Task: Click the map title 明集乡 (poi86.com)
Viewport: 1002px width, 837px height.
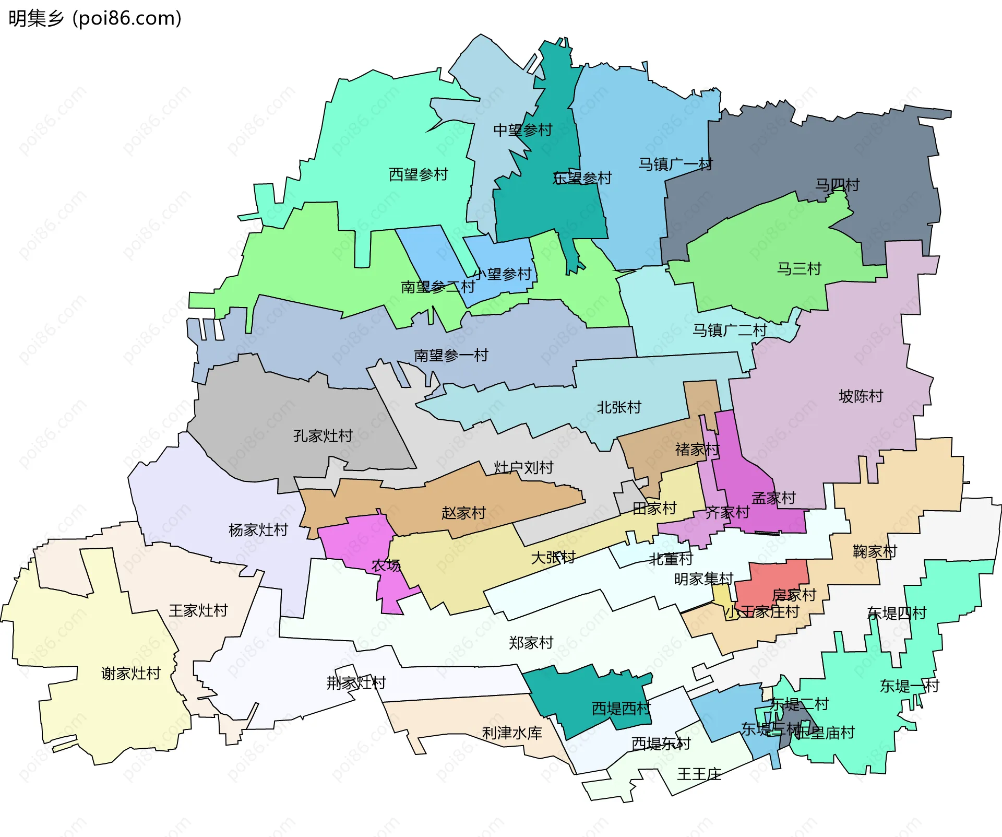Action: [x=95, y=18]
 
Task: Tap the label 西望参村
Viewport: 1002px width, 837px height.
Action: [x=418, y=174]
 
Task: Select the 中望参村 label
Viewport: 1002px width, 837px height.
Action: [x=522, y=130]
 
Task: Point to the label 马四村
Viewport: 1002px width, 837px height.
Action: [x=837, y=185]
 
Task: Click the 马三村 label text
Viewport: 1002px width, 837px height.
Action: [x=798, y=269]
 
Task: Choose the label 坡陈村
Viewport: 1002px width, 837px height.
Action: [x=861, y=396]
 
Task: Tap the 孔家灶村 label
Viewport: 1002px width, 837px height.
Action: [x=323, y=435]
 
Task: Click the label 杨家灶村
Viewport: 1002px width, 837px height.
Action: [x=258, y=530]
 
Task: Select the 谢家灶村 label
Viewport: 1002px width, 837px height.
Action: [x=130, y=674]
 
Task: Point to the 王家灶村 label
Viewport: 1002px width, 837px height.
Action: [x=198, y=610]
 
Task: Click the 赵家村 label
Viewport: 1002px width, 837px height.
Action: [x=463, y=513]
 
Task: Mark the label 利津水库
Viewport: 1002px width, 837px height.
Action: [x=511, y=733]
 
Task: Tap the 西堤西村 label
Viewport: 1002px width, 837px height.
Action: [x=621, y=709]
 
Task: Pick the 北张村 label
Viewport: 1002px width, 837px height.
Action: [x=618, y=407]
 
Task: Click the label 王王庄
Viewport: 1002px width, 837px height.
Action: [x=699, y=774]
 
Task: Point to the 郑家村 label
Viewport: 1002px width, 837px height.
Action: [x=531, y=643]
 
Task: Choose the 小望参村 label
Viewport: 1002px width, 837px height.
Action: [x=502, y=274]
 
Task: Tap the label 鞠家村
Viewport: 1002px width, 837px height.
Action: [x=874, y=551]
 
